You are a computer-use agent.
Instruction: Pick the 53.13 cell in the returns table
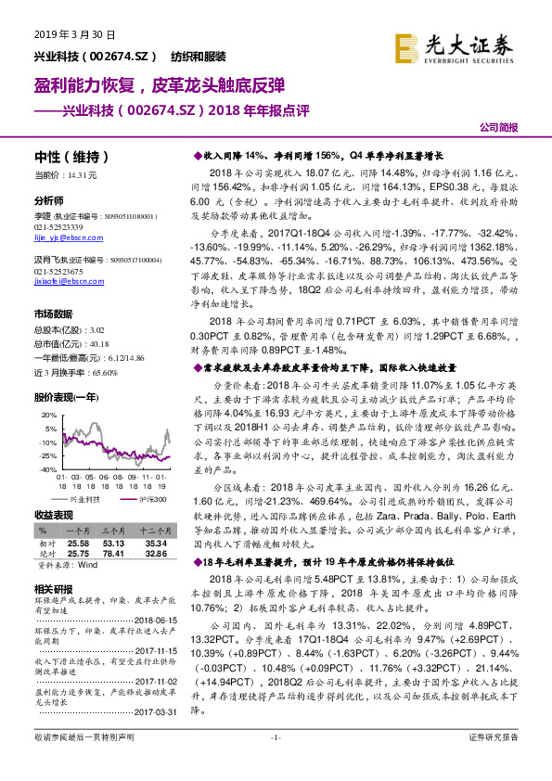click(x=113, y=543)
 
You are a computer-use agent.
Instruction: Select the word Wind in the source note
click(x=87, y=563)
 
